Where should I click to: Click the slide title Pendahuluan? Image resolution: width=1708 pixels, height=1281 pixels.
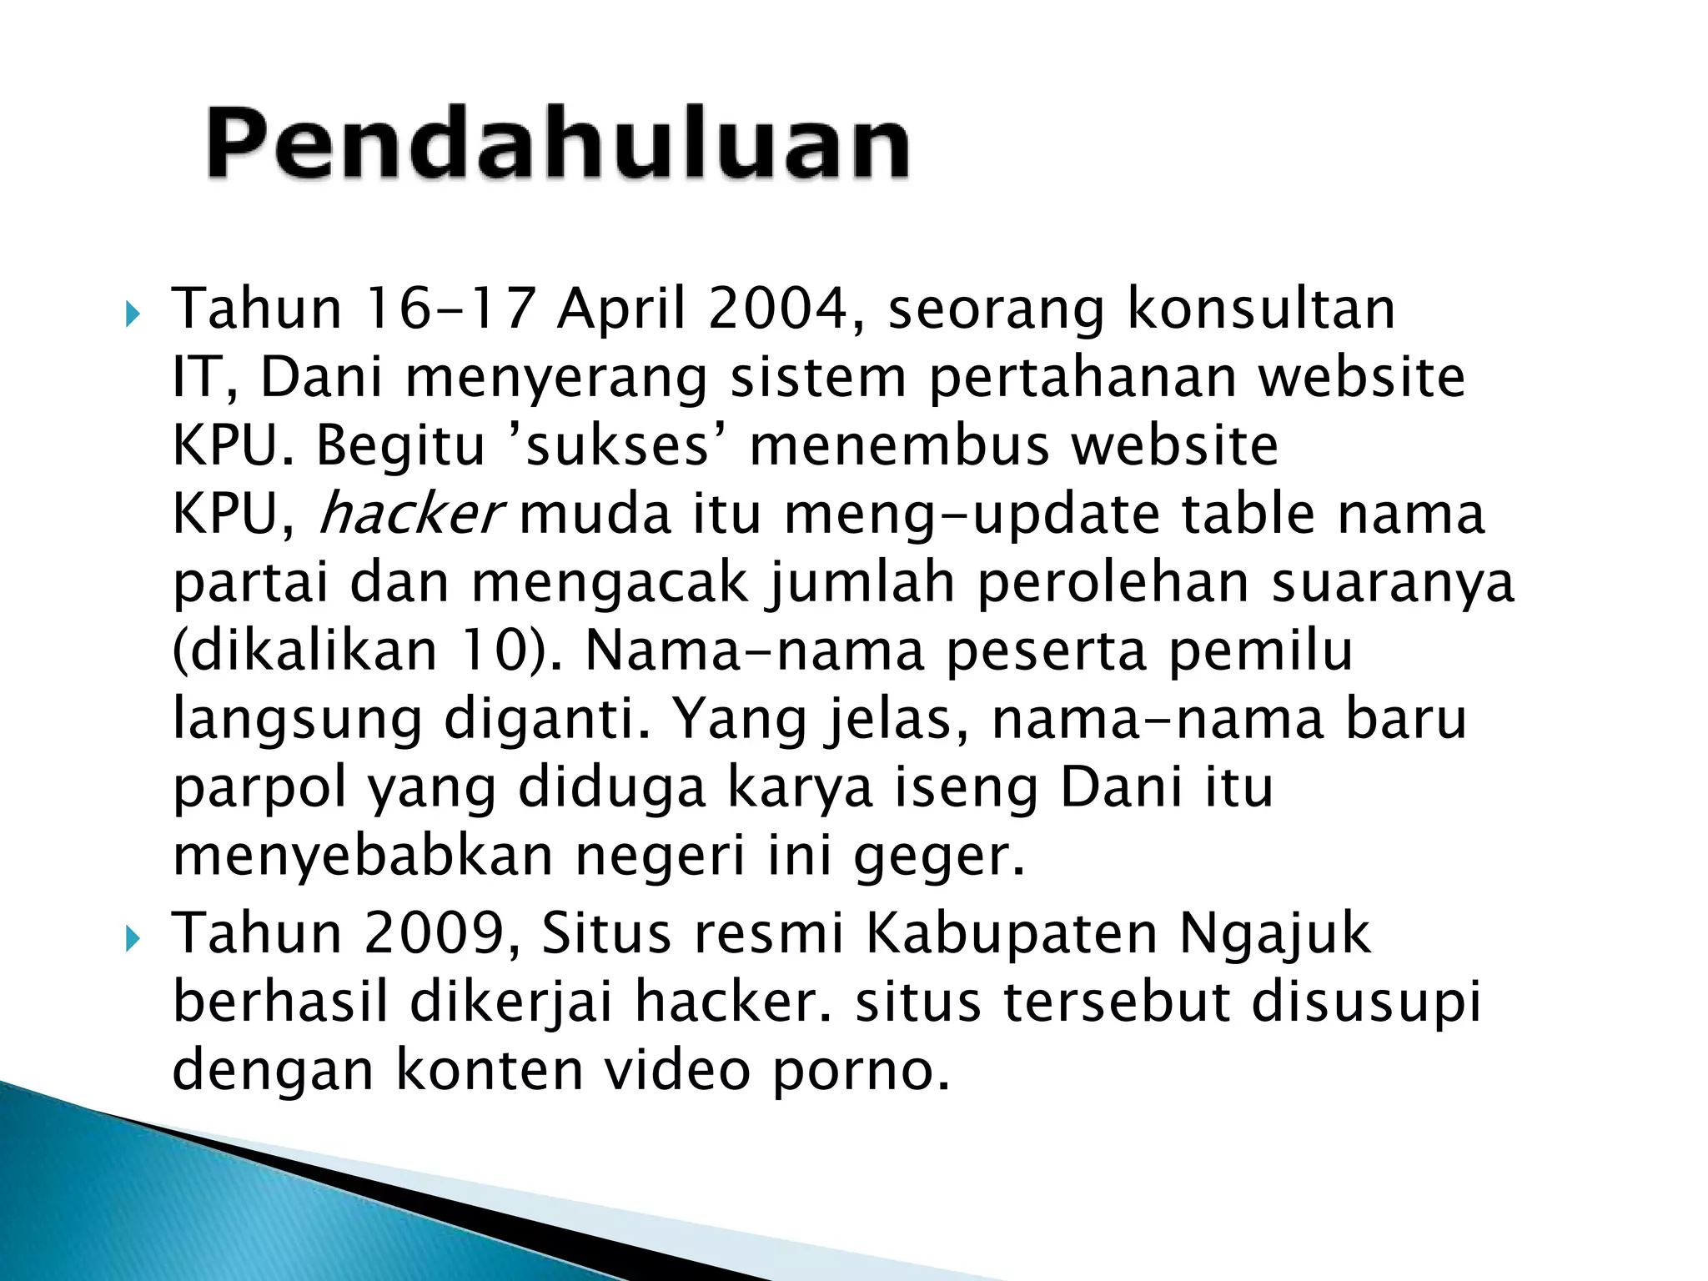pos(557,143)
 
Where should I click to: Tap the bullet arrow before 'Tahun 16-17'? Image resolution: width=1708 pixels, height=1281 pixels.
pos(132,315)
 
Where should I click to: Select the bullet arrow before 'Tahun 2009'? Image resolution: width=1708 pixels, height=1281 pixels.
pos(132,940)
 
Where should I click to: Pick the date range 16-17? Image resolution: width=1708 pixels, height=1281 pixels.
pos(449,309)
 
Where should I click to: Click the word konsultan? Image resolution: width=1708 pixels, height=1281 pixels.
pos(1261,309)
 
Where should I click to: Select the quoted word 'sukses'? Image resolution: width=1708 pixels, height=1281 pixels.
pos(618,446)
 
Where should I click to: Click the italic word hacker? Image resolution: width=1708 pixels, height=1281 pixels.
pos(410,515)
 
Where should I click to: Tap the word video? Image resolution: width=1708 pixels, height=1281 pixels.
pos(677,1070)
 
